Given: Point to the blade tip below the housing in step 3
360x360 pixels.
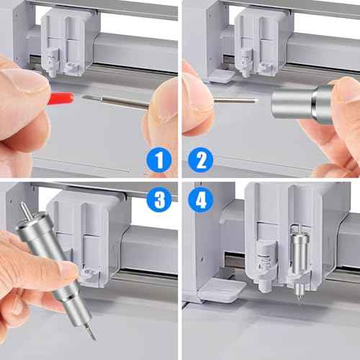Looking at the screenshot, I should pos(89,330).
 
